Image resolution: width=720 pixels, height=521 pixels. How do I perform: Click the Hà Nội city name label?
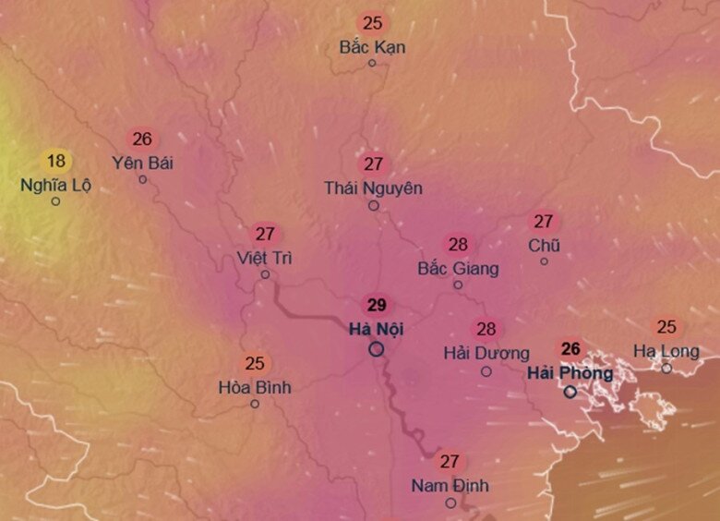point(376,328)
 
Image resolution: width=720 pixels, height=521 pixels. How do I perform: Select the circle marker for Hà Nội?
point(376,349)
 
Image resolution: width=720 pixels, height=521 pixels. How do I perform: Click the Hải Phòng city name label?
point(570,373)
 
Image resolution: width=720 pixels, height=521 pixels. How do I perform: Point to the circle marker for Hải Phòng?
point(570,392)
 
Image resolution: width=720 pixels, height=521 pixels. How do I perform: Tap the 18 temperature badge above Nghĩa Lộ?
point(55,161)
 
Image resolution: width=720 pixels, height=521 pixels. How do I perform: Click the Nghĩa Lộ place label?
point(55,185)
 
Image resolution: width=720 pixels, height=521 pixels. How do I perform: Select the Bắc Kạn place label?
point(372,46)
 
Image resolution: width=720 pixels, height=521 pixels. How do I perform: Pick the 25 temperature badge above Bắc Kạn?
point(373,23)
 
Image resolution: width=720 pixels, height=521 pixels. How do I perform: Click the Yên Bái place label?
point(142,164)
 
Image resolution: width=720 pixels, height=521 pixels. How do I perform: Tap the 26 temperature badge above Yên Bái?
point(142,139)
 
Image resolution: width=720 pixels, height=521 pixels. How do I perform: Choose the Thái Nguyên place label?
point(373,188)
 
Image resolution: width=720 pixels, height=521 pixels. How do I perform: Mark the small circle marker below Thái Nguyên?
point(374,206)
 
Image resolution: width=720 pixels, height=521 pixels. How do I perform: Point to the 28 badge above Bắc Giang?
point(458,245)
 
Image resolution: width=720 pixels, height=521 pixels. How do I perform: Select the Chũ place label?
point(544,246)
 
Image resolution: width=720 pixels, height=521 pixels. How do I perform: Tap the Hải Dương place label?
point(486,353)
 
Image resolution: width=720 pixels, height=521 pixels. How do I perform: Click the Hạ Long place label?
point(666,351)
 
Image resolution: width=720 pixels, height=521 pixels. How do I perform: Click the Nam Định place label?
point(450,486)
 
